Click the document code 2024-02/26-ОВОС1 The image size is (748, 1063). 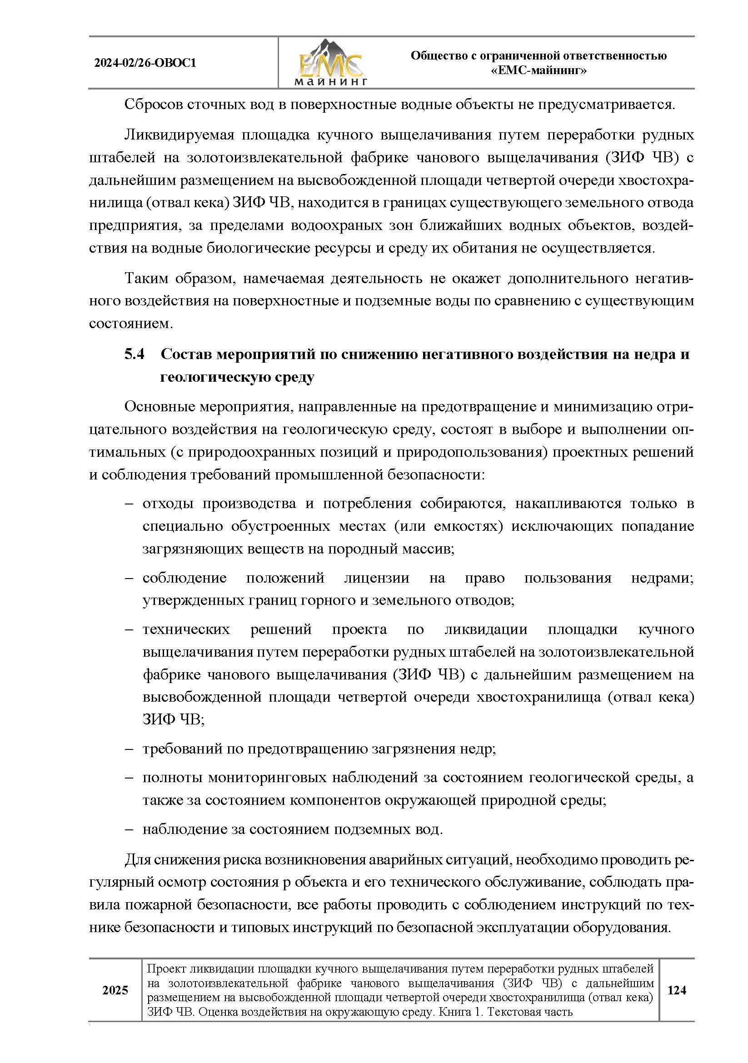coord(145,63)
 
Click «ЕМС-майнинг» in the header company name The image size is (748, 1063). coord(539,71)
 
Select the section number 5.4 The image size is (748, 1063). coord(134,354)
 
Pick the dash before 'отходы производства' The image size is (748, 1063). coord(130,504)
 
